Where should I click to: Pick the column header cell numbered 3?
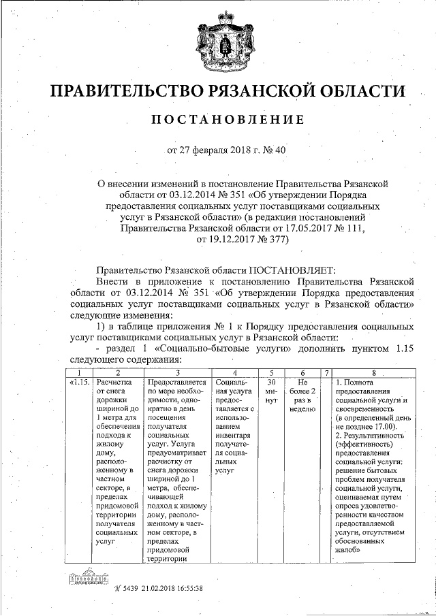(x=177, y=372)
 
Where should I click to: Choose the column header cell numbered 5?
(x=271, y=372)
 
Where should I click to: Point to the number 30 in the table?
(x=271, y=382)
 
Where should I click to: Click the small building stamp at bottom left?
(x=84, y=581)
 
